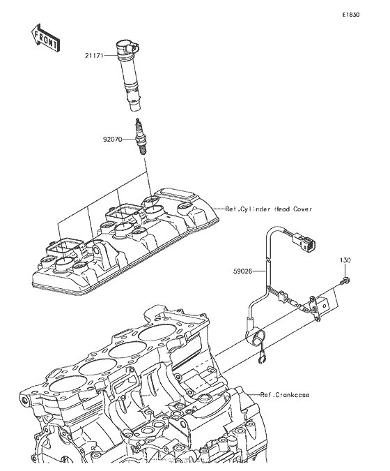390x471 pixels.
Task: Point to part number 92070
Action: point(113,140)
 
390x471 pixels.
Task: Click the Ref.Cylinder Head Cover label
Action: point(269,209)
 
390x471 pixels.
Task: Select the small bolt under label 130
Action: point(345,282)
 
